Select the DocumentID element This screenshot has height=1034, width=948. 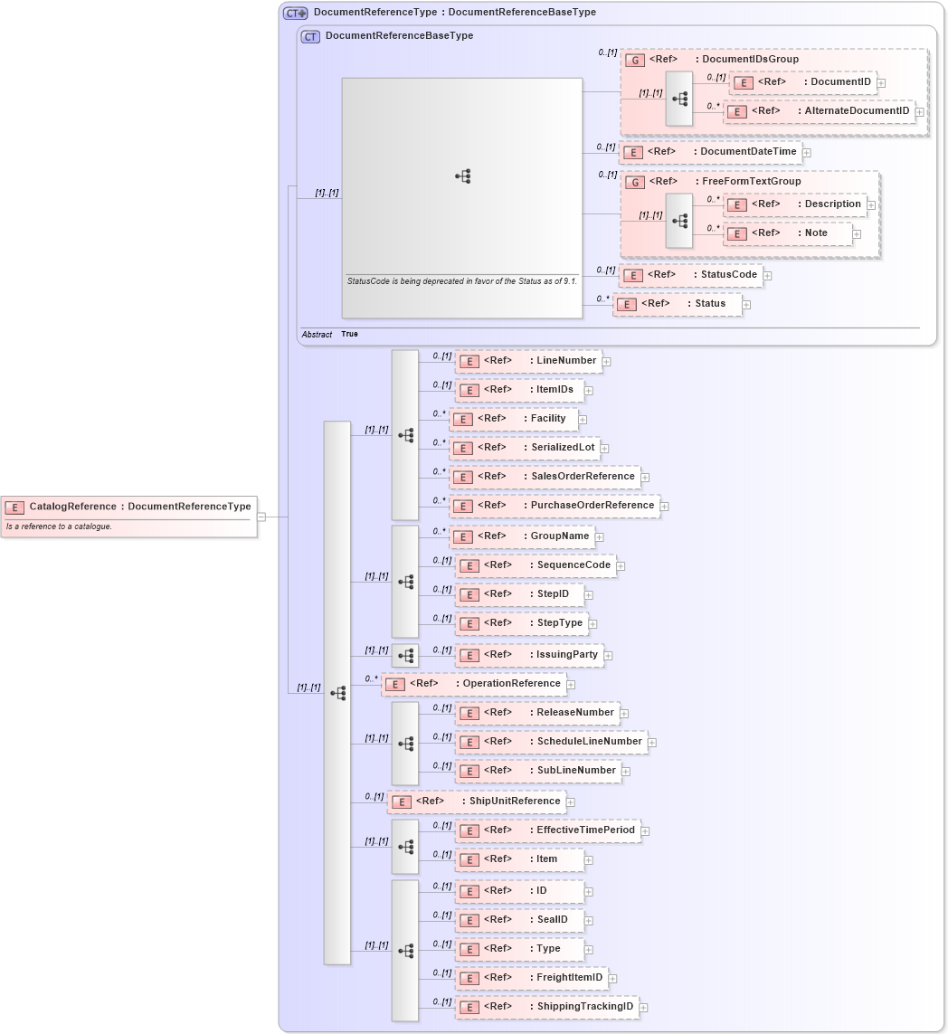point(802,82)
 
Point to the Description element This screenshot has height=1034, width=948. point(795,204)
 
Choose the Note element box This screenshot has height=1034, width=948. point(788,233)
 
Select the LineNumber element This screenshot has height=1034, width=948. point(528,361)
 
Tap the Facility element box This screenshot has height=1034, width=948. point(514,419)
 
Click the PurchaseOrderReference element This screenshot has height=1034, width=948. point(555,506)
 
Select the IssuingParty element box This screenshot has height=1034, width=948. point(528,655)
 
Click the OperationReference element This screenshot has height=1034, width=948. point(473,684)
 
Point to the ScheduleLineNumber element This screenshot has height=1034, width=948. point(551,742)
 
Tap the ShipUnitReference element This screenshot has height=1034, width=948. point(477,802)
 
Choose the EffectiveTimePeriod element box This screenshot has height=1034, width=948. point(547,830)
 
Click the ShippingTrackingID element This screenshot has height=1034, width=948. point(546,1007)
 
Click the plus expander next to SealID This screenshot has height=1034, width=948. point(589,921)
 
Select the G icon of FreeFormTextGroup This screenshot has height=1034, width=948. point(635,182)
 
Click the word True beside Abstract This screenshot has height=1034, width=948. point(349,334)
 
